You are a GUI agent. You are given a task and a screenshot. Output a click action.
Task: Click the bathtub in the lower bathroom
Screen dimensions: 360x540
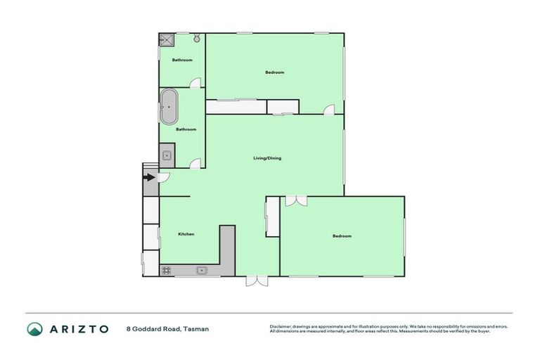169,107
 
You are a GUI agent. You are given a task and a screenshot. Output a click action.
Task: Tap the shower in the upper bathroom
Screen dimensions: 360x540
167,40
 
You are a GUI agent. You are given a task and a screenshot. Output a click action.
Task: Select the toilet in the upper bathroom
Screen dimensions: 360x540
196,39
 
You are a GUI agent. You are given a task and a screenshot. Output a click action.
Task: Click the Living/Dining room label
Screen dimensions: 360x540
267,158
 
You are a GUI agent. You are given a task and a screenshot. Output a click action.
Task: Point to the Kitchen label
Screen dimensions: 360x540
186,234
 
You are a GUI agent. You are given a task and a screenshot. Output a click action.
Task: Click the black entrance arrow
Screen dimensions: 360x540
149,178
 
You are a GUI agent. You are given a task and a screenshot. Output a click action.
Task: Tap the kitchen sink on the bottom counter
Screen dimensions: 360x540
201,270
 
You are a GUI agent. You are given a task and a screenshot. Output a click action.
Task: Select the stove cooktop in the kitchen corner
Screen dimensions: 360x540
167,270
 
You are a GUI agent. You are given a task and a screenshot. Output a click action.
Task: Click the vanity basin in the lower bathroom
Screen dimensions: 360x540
167,157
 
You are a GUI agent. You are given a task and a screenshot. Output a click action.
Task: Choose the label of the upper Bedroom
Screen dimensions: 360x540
275,72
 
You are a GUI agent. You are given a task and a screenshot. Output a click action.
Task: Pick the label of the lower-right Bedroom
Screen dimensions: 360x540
342,236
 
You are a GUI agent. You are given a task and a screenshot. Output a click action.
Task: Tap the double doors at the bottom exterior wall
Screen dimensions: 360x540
257,281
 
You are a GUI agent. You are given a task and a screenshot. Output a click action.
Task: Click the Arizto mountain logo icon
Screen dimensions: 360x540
34,329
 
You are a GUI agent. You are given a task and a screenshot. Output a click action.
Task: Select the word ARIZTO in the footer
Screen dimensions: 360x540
79,329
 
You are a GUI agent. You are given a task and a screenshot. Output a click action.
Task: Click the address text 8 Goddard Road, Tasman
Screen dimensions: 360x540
167,329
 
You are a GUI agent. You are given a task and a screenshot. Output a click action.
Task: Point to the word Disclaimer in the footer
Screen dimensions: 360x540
281,326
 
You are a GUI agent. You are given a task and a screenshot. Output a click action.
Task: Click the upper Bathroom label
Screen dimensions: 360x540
182,60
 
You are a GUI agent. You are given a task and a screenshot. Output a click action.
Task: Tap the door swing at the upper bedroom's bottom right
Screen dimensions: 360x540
328,109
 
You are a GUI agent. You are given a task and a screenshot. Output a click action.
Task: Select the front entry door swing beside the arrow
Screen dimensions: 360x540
163,178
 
